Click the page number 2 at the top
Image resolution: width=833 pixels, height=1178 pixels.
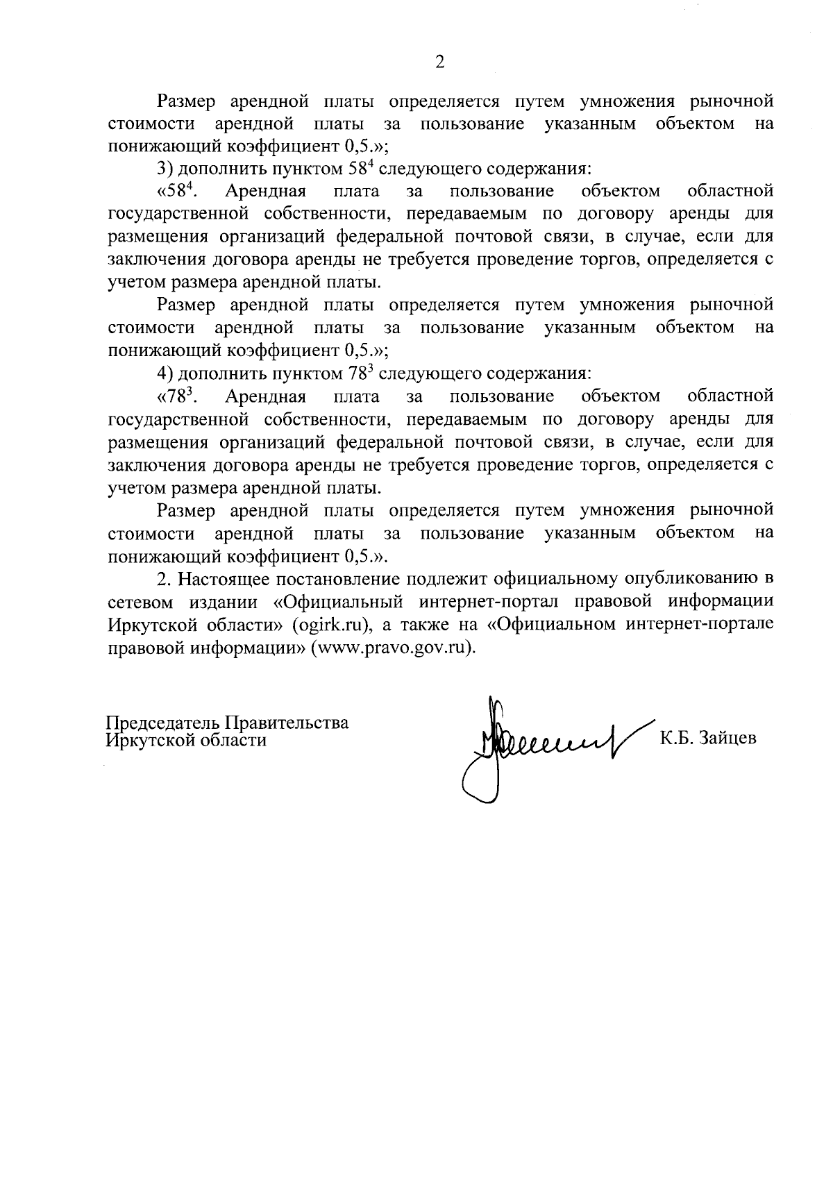[439, 62]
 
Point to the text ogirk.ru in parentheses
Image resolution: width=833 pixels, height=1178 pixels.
[329, 625]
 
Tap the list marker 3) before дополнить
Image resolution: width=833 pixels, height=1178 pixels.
[165, 169]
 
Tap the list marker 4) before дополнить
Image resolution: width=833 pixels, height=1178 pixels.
[165, 373]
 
